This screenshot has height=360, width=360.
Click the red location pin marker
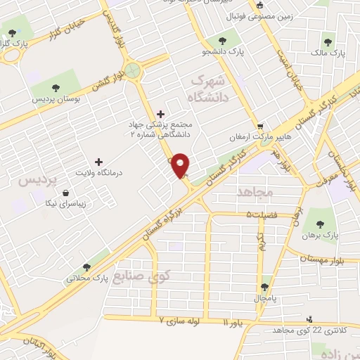point(181,165)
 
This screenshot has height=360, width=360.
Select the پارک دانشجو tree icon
point(222,41)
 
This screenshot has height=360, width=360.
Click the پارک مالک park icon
point(328,42)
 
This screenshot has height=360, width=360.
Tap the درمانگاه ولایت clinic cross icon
point(98,162)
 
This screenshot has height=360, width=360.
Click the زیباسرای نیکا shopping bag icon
point(66,193)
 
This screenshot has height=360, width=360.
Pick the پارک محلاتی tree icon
point(86,266)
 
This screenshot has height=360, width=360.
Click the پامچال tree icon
point(264,287)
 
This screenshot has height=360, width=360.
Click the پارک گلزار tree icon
point(12,32)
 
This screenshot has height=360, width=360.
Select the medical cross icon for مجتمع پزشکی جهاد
point(161,113)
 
